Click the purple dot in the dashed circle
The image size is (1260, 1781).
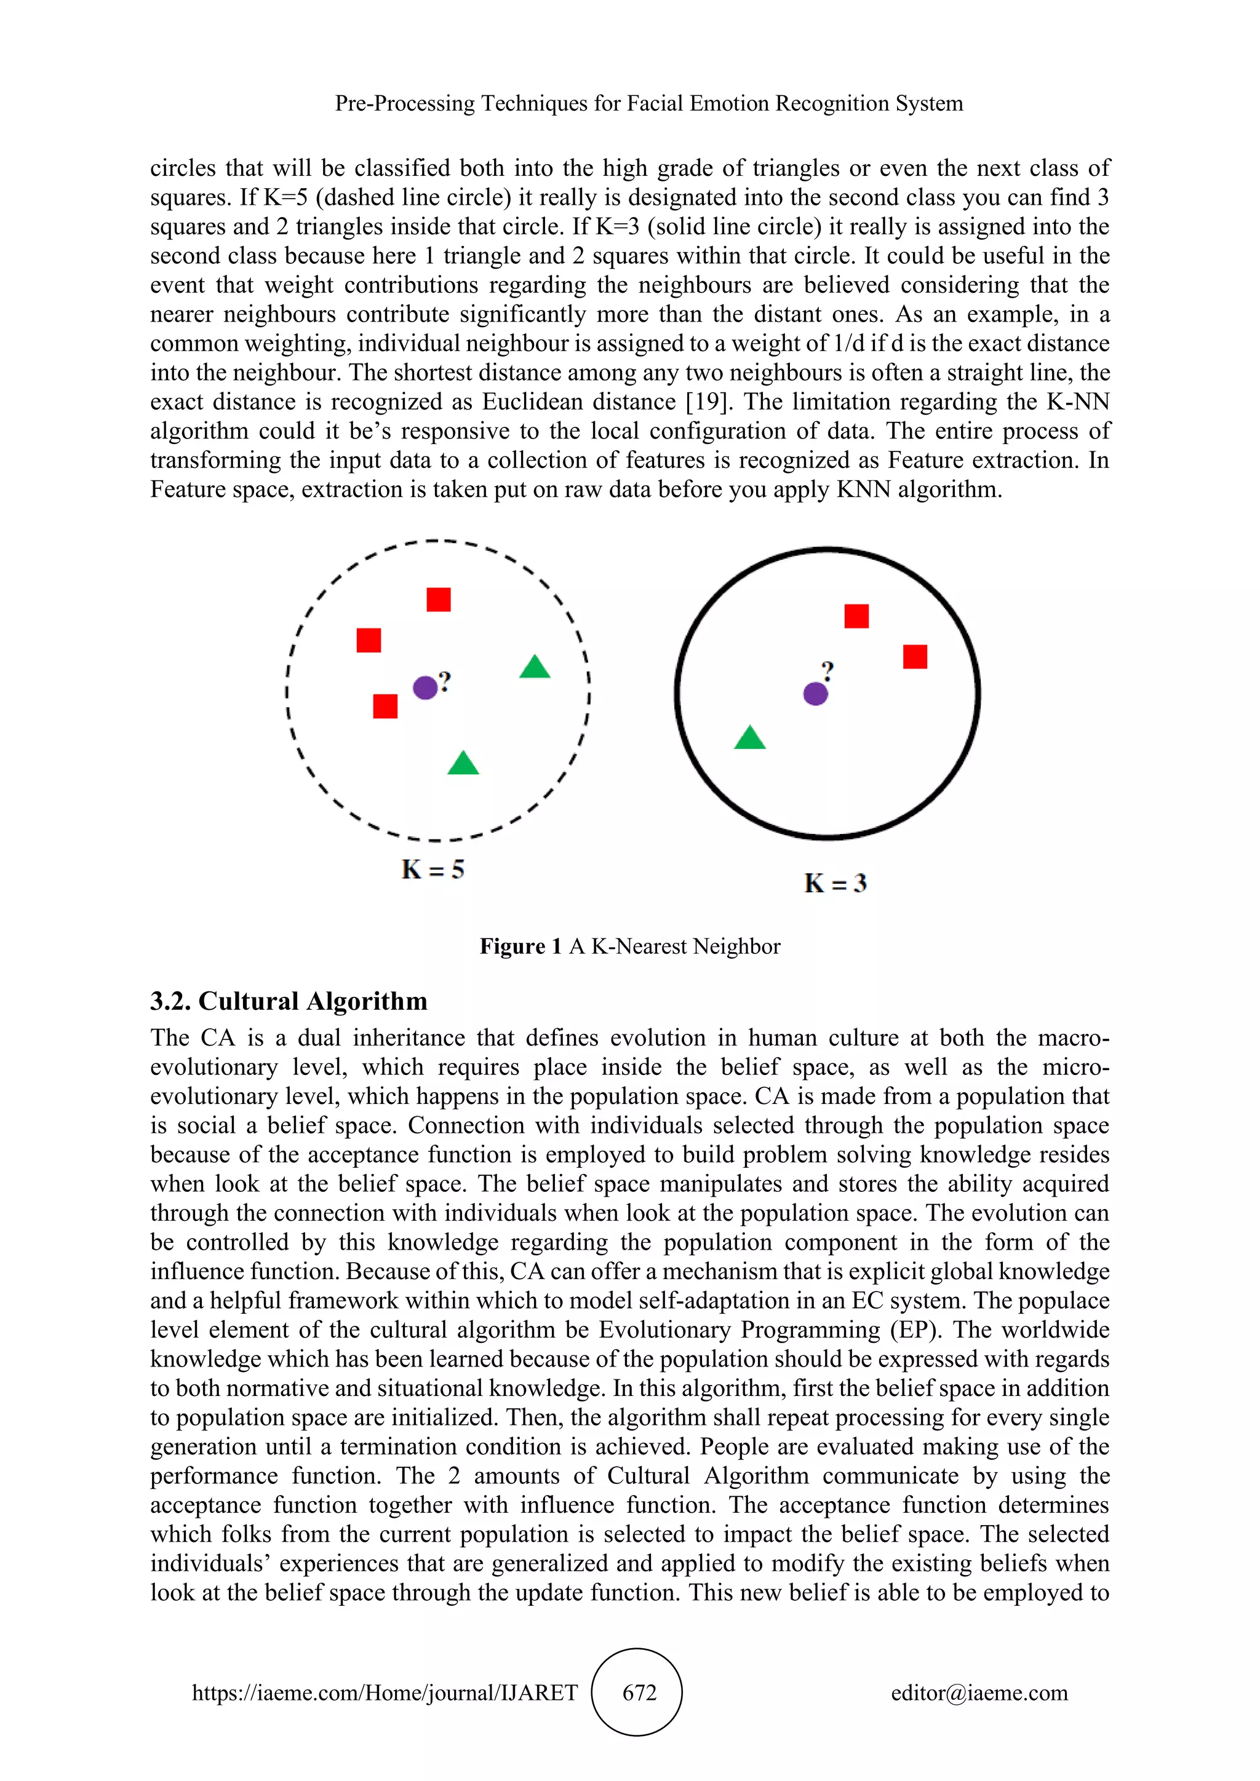[x=425, y=688]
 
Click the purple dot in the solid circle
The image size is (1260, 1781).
[x=815, y=694]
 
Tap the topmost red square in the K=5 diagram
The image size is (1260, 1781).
[x=439, y=600]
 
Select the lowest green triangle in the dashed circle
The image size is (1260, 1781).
[x=463, y=764]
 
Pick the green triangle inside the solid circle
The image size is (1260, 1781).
[x=749, y=739]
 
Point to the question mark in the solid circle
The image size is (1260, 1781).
[x=828, y=670]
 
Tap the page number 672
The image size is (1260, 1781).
[x=639, y=1692]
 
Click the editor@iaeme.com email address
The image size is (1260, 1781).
[x=979, y=1692]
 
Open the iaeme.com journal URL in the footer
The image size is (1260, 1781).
[x=385, y=1692]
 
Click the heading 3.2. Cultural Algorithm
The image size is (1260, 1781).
[x=289, y=1001]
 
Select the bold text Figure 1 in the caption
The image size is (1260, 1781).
[x=520, y=946]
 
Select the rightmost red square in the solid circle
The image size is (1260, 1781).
[x=915, y=657]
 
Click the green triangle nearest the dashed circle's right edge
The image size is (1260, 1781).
[x=535, y=667]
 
